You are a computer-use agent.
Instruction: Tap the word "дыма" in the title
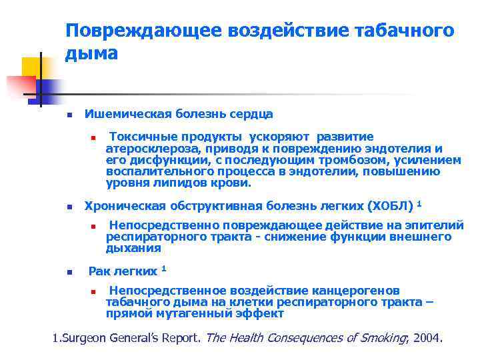(x=91, y=54)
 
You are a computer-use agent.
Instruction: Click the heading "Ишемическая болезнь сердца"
(x=179, y=114)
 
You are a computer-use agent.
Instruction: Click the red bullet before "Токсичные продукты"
(x=94, y=137)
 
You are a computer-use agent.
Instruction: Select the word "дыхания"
(x=133, y=248)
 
